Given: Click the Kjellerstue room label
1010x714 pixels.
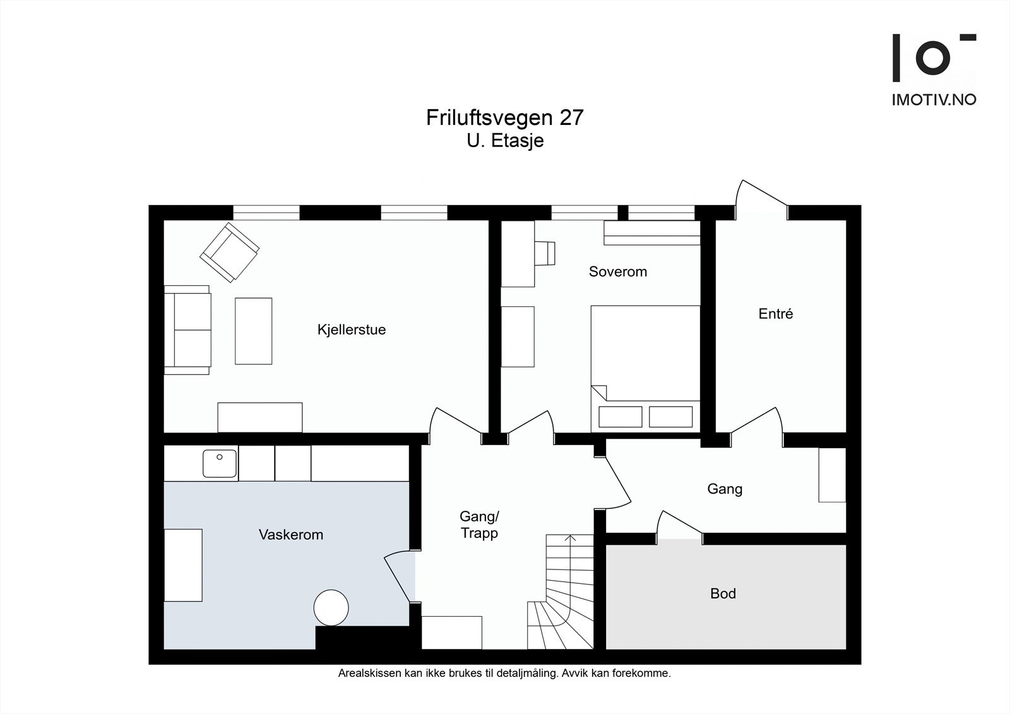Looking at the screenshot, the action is [x=352, y=330].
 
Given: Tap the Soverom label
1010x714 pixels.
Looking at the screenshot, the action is [x=618, y=271].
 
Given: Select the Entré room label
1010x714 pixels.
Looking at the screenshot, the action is [x=776, y=314].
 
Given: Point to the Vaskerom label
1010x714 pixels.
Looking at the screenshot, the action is [x=291, y=535].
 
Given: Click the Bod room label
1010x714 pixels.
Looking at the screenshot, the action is [x=723, y=593].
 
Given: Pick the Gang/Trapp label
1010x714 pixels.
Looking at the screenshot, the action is [x=479, y=525].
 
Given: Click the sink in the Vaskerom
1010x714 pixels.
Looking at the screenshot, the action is [x=220, y=463].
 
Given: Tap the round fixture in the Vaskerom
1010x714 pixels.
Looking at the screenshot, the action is [x=331, y=607].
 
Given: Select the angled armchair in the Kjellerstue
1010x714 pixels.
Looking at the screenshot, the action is [x=230, y=253].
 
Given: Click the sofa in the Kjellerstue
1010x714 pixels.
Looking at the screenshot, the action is [x=187, y=330].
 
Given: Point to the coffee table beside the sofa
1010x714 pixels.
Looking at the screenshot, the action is [x=253, y=331].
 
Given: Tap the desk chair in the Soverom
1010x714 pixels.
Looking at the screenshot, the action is [x=545, y=253].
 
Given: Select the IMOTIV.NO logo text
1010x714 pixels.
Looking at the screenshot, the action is [x=934, y=100].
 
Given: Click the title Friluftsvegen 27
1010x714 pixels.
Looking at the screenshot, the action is [x=505, y=117].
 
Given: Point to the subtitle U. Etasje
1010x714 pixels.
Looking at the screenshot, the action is [x=505, y=141].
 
